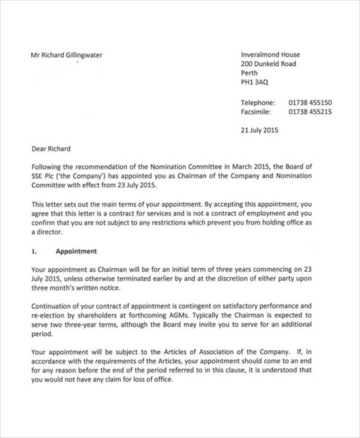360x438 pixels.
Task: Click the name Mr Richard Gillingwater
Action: (66, 55)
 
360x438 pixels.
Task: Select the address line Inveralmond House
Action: (270, 55)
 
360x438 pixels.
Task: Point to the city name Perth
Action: (249, 73)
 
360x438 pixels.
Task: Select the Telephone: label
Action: (257, 103)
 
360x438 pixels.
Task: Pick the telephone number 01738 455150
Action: (310, 103)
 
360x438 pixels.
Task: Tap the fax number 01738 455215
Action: (310, 112)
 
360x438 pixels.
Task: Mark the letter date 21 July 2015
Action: (259, 130)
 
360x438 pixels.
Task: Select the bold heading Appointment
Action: (76, 251)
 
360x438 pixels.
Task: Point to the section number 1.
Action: (34, 251)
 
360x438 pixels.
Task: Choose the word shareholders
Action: (101, 315)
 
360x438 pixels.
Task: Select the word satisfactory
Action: (230, 305)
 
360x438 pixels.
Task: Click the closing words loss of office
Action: (151, 380)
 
